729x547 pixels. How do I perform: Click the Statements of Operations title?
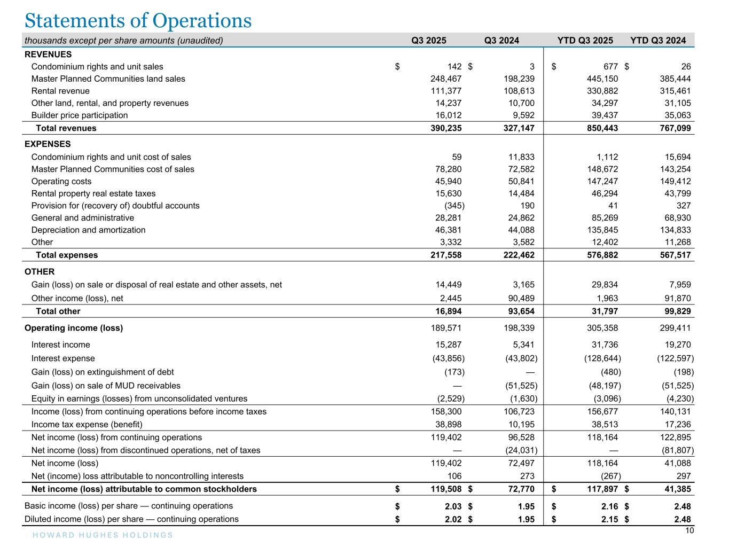tap(138, 20)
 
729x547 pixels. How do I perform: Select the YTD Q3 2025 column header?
tap(585, 41)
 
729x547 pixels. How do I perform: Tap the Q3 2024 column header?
tap(501, 41)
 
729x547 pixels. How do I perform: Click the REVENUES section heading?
tap(48, 54)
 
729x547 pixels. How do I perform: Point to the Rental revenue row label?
tap(60, 91)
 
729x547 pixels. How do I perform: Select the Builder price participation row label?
tap(80, 115)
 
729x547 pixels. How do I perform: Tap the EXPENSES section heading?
tap(48, 144)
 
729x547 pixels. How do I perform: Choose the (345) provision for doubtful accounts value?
tap(454, 206)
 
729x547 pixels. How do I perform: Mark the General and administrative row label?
tap(83, 218)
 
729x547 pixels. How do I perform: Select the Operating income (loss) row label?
tap(74, 328)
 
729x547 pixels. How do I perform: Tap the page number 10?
tap(689, 530)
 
